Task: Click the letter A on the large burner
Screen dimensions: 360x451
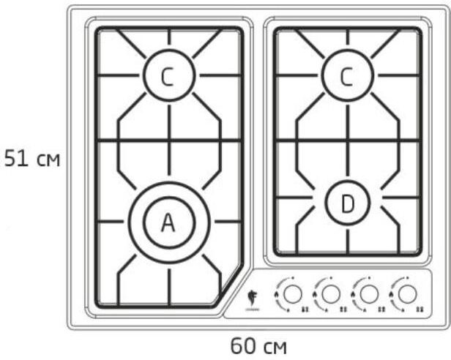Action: [x=168, y=222]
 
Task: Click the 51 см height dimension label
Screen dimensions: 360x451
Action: [x=31, y=158]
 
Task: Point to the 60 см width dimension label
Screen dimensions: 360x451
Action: [x=258, y=345]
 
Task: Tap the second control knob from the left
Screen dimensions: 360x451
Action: [x=331, y=294]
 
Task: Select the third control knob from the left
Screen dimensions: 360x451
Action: [x=368, y=294]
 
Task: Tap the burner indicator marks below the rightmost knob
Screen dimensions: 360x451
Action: [x=418, y=310]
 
